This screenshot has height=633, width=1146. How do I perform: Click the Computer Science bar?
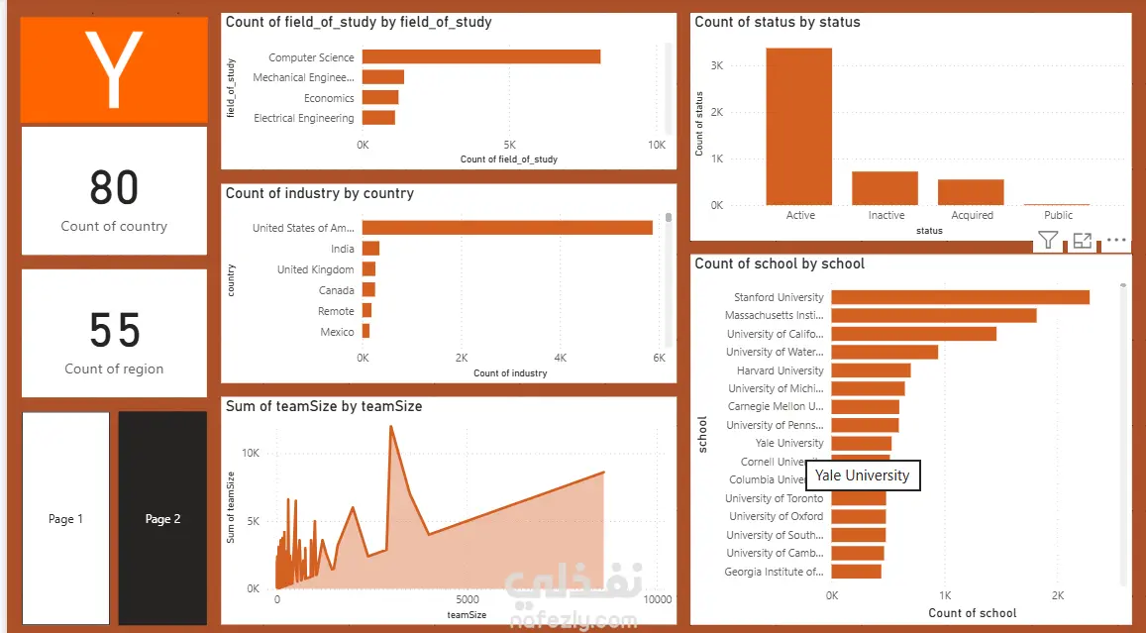click(481, 56)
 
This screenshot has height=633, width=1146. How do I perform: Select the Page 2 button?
click(162, 518)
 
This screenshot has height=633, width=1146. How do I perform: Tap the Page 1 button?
click(65, 518)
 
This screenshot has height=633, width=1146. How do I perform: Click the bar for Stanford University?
click(960, 297)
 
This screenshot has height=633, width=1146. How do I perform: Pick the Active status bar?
click(799, 127)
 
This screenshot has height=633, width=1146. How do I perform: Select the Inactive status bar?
click(886, 188)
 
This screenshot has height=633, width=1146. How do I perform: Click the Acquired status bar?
click(971, 192)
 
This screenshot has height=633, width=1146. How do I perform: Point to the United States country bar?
click(507, 228)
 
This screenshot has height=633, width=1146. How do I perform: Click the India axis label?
click(342, 249)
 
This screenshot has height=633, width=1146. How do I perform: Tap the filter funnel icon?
click(1048, 240)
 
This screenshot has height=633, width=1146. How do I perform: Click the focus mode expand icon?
click(1083, 240)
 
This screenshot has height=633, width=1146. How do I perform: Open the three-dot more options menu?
click(1116, 240)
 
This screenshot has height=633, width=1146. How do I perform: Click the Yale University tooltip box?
click(862, 475)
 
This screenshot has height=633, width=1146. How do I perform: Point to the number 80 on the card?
click(114, 187)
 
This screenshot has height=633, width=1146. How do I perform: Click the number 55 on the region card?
click(114, 331)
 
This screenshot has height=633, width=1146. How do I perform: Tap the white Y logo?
click(114, 68)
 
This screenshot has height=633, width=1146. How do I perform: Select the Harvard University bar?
click(871, 370)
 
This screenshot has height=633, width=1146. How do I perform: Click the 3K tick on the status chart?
click(717, 65)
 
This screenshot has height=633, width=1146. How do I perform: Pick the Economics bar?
click(380, 97)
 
